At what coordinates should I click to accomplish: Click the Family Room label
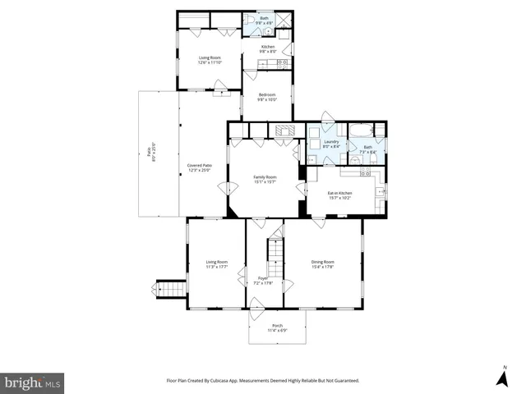[265, 179]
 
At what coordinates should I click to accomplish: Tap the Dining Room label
[322, 264]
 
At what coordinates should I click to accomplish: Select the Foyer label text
[264, 281]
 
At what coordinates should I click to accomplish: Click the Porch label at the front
[277, 328]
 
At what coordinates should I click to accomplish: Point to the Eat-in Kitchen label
[339, 195]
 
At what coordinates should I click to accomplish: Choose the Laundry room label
[331, 144]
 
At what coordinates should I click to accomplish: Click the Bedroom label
[267, 97]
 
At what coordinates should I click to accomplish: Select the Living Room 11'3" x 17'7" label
[217, 264]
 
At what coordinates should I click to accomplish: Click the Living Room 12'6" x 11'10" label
[210, 60]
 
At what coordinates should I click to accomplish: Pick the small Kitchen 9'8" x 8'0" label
[268, 49]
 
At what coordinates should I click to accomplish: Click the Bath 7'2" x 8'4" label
[367, 149]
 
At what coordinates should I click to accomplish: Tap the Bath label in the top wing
[265, 19]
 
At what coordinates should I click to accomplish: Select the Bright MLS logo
[33, 383]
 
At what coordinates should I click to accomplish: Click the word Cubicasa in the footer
[238, 381]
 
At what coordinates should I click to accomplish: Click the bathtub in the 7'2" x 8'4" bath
[362, 131]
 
